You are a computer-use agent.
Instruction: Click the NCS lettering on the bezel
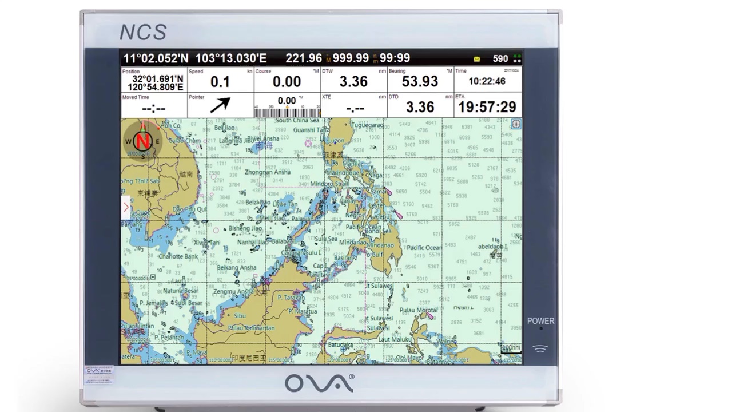point(143,33)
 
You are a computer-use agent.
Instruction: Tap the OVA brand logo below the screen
point(319,383)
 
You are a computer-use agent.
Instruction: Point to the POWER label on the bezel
point(540,321)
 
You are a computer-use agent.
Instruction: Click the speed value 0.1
point(220,82)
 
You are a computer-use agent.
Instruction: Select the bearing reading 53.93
point(420,81)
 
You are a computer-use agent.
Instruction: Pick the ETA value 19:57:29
point(487,107)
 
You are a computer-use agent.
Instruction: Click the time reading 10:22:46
point(487,81)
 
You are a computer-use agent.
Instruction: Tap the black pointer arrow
point(220,105)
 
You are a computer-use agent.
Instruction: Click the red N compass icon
point(143,141)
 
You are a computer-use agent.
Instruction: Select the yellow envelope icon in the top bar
point(477,58)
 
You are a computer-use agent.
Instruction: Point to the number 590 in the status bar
point(500,58)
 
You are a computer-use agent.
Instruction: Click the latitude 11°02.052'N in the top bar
point(156,58)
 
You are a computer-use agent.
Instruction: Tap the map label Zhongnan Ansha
point(267,172)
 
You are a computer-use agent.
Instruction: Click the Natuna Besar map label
point(181,291)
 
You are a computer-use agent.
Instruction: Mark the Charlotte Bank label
point(178,256)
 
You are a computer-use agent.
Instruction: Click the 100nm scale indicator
point(511,347)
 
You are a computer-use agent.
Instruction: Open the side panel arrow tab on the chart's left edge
point(126,207)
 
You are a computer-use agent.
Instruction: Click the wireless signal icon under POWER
point(540,348)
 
